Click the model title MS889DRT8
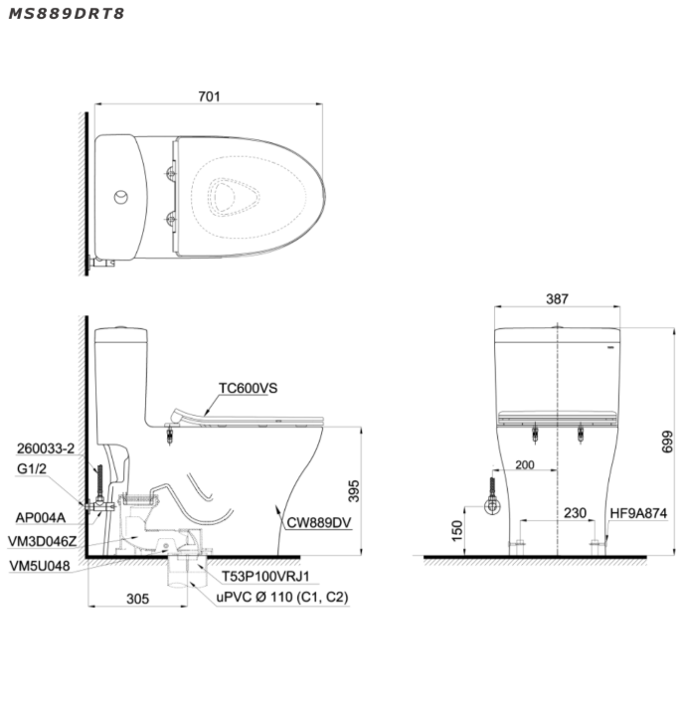point(67,14)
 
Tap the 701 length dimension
point(209,96)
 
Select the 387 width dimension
point(557,298)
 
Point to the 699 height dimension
point(667,442)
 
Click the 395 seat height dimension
point(353,490)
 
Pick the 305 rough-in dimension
point(138,599)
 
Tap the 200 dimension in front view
point(525,464)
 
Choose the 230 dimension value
point(575,513)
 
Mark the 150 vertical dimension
point(457,531)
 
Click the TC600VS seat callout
point(248,388)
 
